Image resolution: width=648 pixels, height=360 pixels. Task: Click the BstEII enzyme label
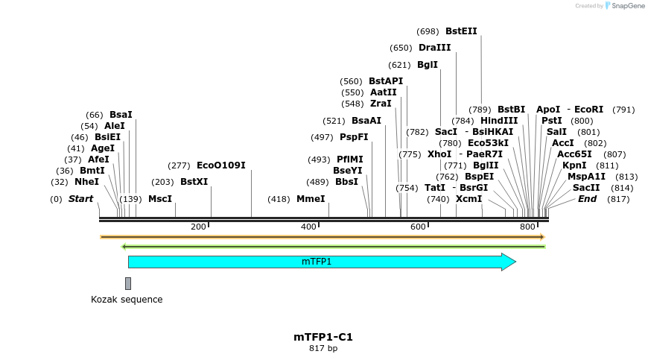pos(461,31)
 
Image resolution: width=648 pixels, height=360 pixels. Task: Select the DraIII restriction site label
pos(434,48)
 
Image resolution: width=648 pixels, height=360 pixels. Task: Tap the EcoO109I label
pos(220,165)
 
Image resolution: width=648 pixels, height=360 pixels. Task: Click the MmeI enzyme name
pos(311,199)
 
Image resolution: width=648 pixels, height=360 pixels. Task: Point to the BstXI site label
pos(194,182)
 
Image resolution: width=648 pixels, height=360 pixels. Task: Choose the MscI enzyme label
pos(159,199)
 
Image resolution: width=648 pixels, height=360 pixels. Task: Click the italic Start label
pos(80,199)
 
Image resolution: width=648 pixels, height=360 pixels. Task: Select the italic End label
pos(587,199)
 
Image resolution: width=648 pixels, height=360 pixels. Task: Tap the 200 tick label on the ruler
pos(198,227)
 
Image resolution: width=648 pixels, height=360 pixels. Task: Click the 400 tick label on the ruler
pos(308,227)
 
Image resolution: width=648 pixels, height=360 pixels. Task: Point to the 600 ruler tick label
pos(418,227)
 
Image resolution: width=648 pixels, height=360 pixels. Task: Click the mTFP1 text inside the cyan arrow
pos(317,262)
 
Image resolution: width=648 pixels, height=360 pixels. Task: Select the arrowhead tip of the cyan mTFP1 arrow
pos(515,262)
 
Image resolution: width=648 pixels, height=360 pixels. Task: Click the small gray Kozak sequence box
pos(128,283)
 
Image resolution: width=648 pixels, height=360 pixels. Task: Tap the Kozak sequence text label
pos(127,300)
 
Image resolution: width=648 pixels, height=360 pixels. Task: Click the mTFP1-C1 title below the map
pos(323,337)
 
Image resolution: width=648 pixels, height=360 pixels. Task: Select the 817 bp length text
pos(323,348)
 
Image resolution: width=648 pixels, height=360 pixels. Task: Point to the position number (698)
pos(428,31)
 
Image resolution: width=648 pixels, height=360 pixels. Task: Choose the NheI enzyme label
pos(86,182)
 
